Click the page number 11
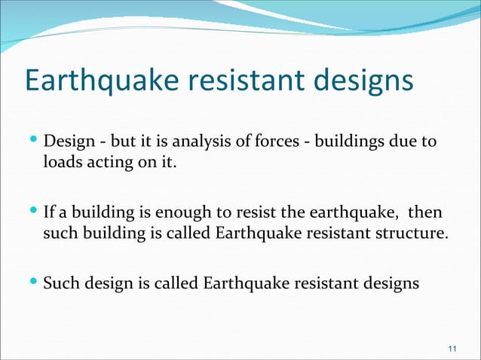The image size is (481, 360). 452,348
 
